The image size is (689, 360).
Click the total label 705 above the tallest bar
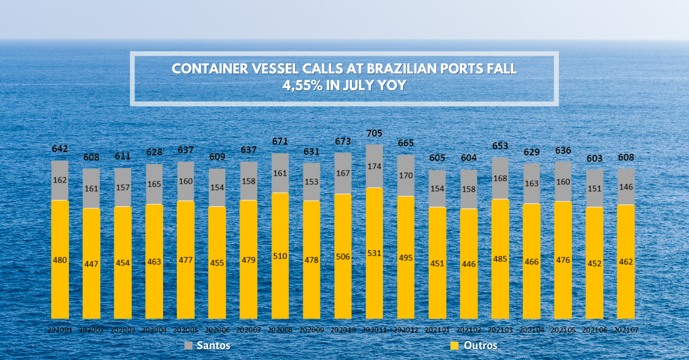point(374,133)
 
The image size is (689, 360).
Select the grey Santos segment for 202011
point(374,166)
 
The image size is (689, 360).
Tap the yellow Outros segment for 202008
point(280,256)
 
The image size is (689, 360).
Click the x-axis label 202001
point(60,330)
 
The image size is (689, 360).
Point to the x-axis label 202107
point(626,330)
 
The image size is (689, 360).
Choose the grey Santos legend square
point(188,346)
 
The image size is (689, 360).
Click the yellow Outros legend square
point(454,346)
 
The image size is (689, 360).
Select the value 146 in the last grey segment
point(626,187)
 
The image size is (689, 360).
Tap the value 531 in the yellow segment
point(374,253)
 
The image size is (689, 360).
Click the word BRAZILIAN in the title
point(401,69)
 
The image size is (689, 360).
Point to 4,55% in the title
point(303,85)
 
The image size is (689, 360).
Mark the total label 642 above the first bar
point(60,149)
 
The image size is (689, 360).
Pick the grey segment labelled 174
point(374,166)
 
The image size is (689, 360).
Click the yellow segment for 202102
point(469,264)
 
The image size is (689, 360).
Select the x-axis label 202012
point(406,330)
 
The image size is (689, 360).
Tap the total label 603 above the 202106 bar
point(594,158)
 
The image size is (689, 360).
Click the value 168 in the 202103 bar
point(500,178)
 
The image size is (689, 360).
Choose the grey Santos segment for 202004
point(154,184)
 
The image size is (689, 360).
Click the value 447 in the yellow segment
point(91,264)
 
